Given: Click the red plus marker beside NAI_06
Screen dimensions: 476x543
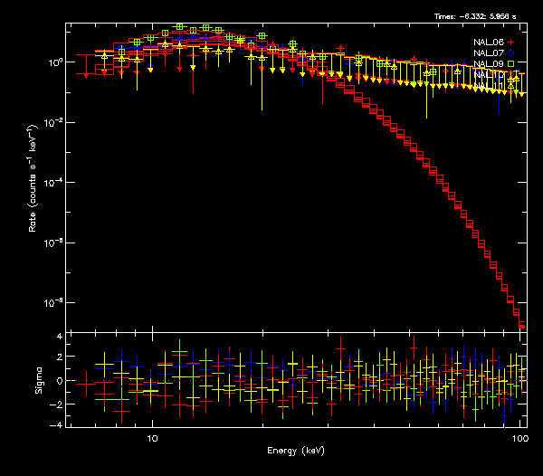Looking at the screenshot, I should (x=510, y=43).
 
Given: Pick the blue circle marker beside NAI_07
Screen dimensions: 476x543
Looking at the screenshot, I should (x=510, y=53).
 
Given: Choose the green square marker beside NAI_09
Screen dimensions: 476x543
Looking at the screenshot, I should (x=510, y=64).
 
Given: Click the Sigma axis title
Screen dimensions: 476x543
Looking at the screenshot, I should (x=37, y=380).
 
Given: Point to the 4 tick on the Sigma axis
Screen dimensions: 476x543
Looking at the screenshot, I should (x=58, y=337).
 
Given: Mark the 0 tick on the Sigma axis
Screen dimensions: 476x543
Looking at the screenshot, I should (x=58, y=380).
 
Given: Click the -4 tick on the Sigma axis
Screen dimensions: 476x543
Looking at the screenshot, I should (x=55, y=424).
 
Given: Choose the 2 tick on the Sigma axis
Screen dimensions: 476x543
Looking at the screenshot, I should (x=58, y=358).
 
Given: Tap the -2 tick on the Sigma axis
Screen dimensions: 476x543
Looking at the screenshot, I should (x=55, y=403).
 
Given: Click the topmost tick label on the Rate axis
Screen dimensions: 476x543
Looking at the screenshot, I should (x=54, y=62).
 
